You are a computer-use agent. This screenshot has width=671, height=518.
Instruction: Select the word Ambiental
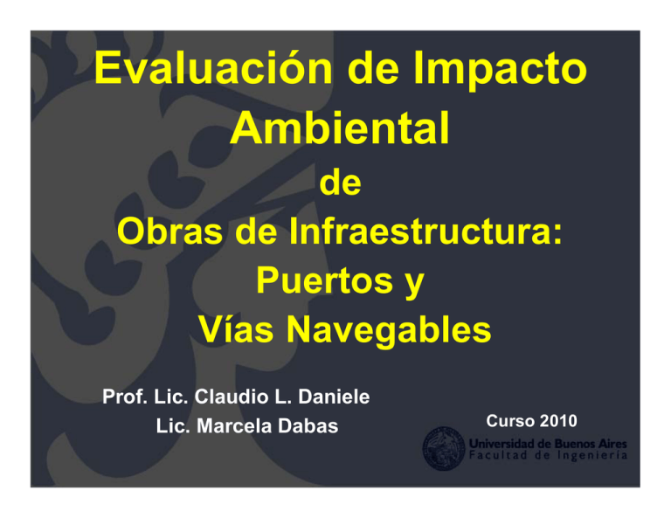(342, 129)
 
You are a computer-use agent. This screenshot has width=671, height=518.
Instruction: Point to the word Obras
(168, 235)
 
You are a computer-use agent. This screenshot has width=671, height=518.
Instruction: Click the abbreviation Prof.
(121, 397)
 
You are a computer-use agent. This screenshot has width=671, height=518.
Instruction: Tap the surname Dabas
(308, 427)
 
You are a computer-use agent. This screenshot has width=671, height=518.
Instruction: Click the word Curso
(511, 421)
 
